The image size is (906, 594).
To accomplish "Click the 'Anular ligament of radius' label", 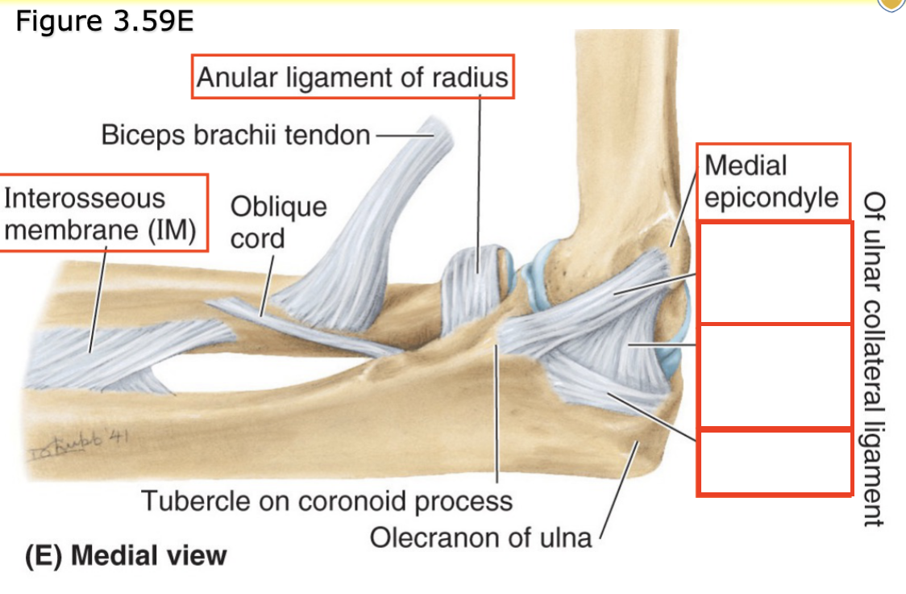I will [352, 77].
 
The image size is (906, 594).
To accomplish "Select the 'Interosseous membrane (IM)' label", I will [101, 214].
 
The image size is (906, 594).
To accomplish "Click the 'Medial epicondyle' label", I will [771, 182].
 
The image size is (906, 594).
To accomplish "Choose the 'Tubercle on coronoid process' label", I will [326, 500].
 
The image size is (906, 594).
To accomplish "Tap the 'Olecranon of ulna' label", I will [480, 537].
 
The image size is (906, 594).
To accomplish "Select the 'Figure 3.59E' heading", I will [105, 21].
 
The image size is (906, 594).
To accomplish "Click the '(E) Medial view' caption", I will [125, 556].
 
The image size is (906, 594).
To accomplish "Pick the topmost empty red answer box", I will [774, 273].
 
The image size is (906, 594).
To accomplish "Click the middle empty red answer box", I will [774, 375].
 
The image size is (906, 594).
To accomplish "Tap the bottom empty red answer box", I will [774, 462].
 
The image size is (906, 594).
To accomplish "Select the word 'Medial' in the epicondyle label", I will [746, 165].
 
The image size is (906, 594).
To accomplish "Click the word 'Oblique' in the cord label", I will [278, 207].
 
